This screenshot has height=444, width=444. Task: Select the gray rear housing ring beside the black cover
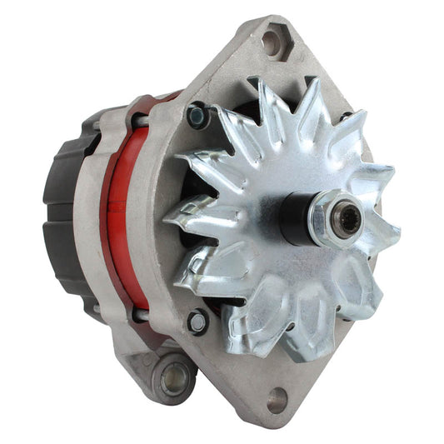pyautogui.click(x=87, y=217)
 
